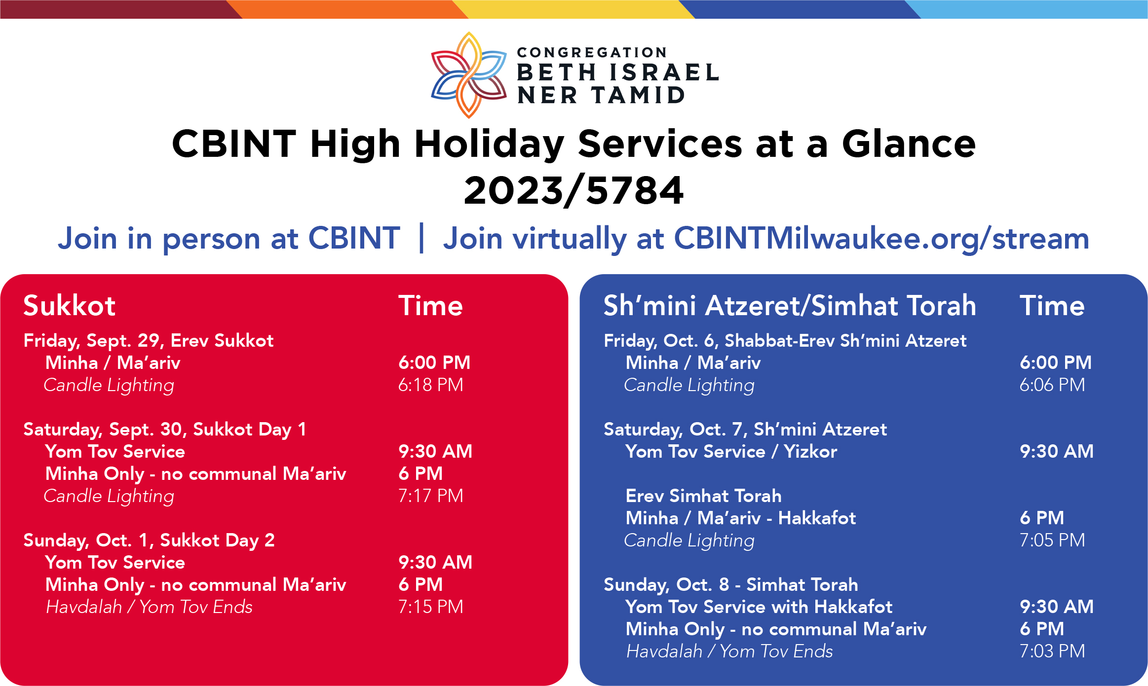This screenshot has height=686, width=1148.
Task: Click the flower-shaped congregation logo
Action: pos(469,75)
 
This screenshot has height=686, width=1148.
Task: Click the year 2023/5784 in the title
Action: pos(574,191)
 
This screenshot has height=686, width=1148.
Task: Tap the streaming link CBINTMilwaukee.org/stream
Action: pos(881,239)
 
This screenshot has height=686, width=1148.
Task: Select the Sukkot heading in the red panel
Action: pos(70,305)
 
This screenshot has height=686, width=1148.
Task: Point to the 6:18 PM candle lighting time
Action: pos(431,385)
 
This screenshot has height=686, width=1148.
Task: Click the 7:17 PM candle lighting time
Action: pos(431,496)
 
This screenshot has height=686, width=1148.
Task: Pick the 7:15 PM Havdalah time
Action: pos(431,607)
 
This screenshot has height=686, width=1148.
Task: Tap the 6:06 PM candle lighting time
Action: pos(1052,385)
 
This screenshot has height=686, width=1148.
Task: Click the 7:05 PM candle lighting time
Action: pos(1052,540)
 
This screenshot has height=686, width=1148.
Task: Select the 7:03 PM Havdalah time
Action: pos(1052,651)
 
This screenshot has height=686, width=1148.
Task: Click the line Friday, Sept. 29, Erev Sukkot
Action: pos(149,341)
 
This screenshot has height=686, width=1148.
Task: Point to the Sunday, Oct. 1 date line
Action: pos(149,541)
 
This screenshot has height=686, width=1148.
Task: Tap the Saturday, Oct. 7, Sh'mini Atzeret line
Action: pos(745,430)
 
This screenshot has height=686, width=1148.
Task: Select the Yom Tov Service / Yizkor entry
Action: pos(731,451)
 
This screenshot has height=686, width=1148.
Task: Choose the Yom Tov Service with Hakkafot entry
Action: pos(759,607)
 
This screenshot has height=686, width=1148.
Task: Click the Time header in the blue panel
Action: pos(1052,305)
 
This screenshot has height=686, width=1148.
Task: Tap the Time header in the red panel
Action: pos(431,305)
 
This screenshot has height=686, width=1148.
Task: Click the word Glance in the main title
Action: pos(909,144)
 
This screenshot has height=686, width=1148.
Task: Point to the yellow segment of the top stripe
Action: pos(574,9)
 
